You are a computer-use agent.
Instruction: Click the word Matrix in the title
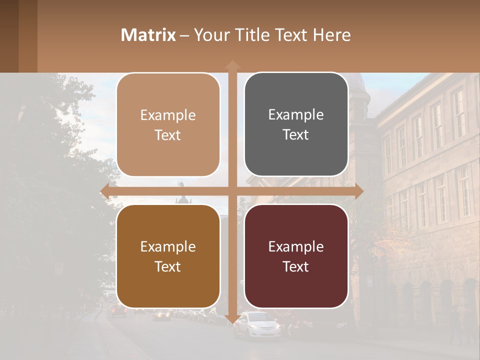[148, 35]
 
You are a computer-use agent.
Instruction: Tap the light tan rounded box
[168, 125]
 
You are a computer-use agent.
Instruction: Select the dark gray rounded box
[296, 124]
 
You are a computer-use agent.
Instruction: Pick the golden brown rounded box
[168, 256]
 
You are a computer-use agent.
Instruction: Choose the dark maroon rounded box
[296, 256]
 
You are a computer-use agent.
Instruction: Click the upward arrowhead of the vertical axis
[232, 64]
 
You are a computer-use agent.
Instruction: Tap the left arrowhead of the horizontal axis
[105, 191]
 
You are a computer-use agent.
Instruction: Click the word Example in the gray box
[296, 114]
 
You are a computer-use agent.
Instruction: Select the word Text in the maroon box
[296, 266]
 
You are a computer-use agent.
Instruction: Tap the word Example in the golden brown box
[168, 246]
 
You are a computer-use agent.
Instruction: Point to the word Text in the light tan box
[168, 135]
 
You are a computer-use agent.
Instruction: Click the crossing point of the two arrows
[232, 191]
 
